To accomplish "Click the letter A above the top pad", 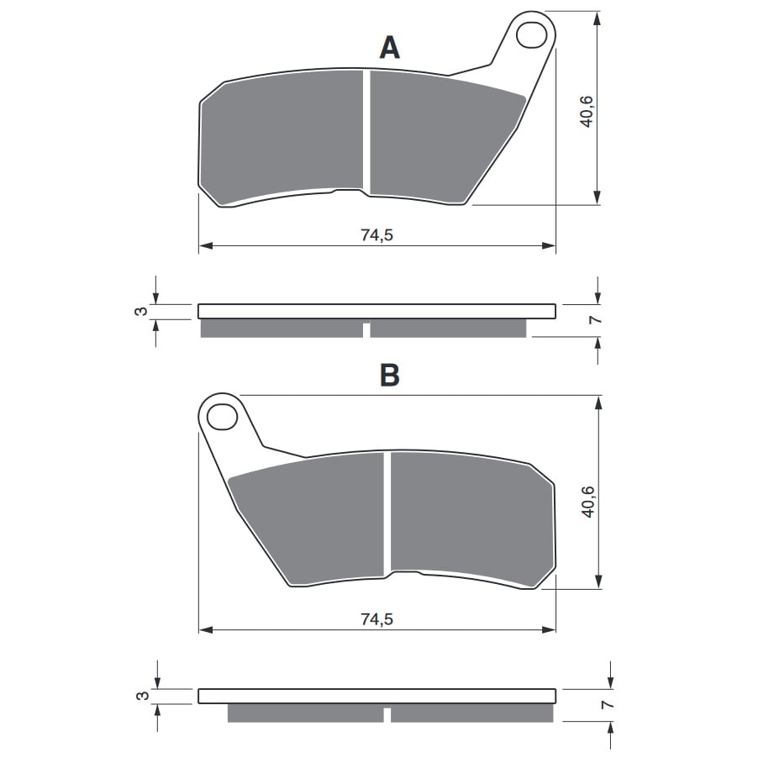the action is pyautogui.click(x=389, y=49).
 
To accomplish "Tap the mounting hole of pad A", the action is pyautogui.click(x=531, y=35).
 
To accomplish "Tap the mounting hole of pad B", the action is pyautogui.click(x=222, y=417).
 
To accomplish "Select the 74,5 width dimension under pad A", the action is pyautogui.click(x=376, y=235).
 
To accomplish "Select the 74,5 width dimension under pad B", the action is pyautogui.click(x=376, y=619).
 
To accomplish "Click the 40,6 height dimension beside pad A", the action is pyautogui.click(x=587, y=112).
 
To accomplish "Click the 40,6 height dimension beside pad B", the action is pyautogui.click(x=588, y=502).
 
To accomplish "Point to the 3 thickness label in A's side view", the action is pyautogui.click(x=141, y=312).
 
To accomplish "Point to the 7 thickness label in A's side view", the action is pyautogui.click(x=596, y=320).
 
